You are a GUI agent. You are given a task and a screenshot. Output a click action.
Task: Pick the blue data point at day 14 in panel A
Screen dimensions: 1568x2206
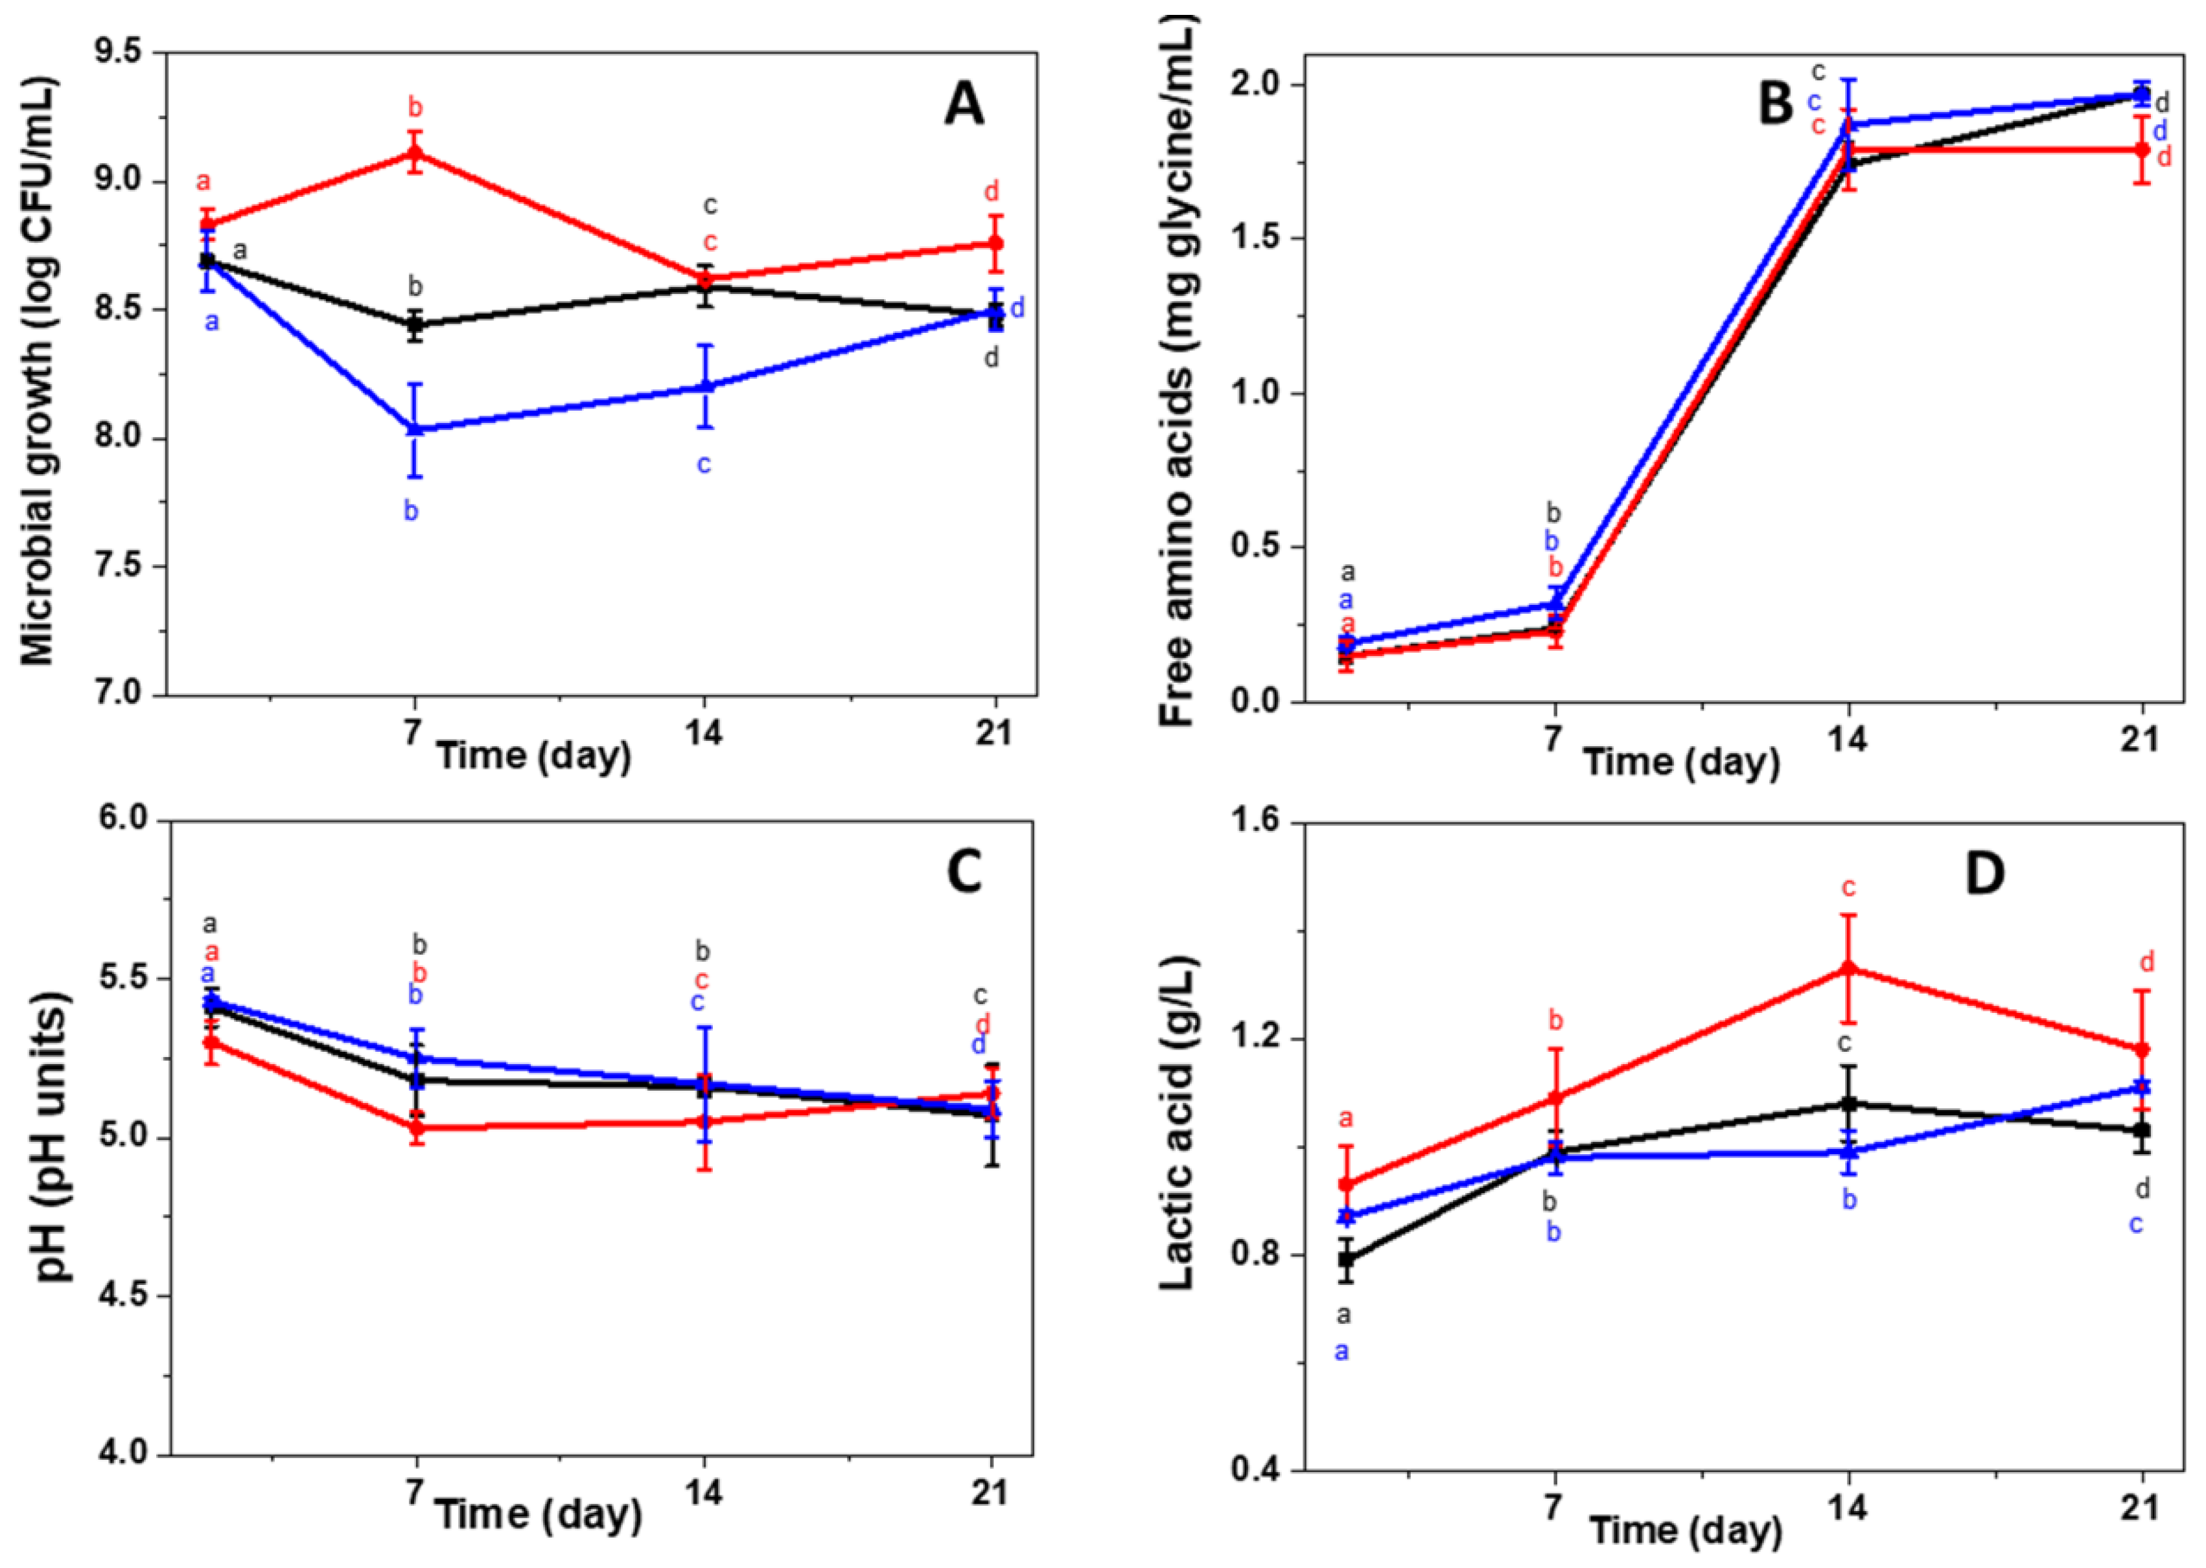tap(705, 386)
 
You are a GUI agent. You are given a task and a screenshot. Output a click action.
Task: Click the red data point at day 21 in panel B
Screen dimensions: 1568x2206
tap(2141, 150)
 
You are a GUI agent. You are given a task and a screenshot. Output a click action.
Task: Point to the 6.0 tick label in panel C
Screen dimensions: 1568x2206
tap(122, 821)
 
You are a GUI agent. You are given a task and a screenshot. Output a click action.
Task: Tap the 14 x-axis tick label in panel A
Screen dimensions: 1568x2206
tap(703, 733)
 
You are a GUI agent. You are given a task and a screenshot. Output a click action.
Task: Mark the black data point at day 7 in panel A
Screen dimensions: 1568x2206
tap(415, 324)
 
